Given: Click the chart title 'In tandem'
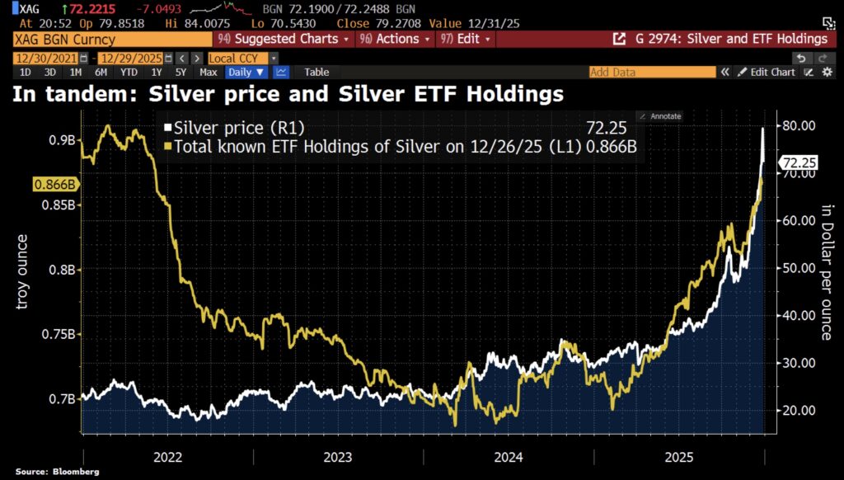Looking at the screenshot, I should point(286,94).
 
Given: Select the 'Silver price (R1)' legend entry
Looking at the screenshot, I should point(223,128).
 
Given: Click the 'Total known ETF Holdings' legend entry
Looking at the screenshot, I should point(371,146).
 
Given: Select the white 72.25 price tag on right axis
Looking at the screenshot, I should point(799,163).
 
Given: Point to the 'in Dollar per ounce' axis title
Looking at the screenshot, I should point(825,272).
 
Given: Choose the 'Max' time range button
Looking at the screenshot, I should point(209,72).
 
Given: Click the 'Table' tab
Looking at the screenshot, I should point(316,72).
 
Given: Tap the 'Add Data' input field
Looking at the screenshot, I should point(652,72).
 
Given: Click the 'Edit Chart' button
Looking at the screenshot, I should point(766,72).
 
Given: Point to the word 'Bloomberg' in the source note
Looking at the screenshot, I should point(76,472).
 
